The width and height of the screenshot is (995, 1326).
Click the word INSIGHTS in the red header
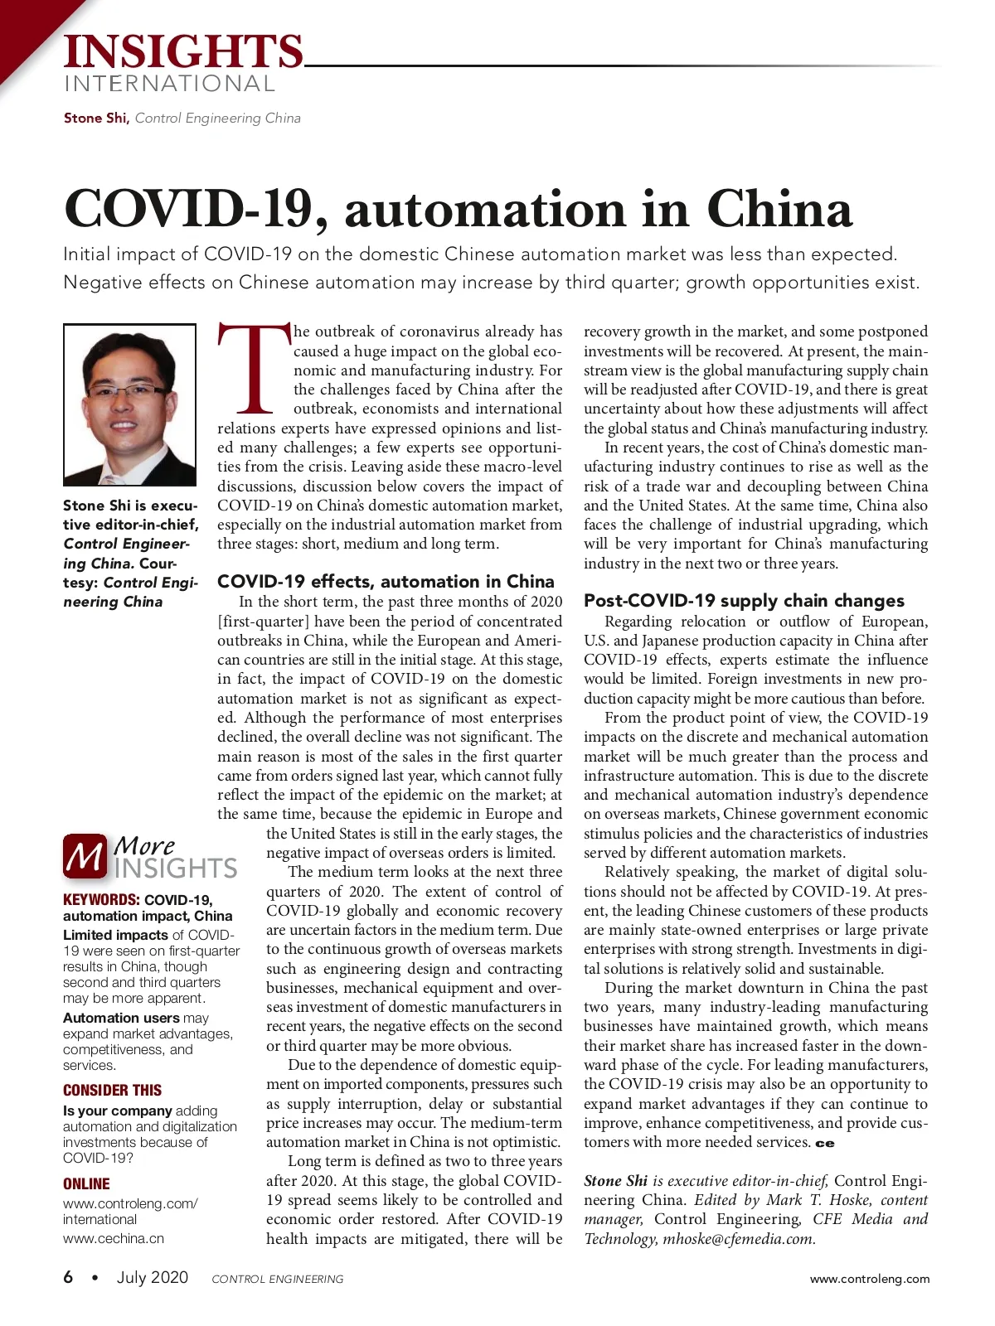(183, 51)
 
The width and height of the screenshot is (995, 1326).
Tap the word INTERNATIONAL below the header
(169, 84)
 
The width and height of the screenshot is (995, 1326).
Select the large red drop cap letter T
(254, 370)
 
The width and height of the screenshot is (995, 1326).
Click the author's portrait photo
(130, 404)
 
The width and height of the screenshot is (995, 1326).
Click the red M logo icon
(85, 856)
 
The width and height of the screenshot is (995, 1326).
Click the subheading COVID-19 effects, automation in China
(386, 581)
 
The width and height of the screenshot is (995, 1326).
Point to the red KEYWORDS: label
(101, 900)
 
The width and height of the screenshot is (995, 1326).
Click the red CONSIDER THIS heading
(113, 1091)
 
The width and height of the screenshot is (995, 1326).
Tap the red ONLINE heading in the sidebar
(86, 1184)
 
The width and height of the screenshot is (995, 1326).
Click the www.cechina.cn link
(114, 1239)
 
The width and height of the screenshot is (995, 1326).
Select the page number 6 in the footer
(69, 1278)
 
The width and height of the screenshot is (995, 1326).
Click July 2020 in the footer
(153, 1278)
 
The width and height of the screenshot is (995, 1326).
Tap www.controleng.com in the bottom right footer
(870, 1279)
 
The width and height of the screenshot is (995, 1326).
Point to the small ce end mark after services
(825, 1144)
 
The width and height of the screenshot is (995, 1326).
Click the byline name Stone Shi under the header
(95, 118)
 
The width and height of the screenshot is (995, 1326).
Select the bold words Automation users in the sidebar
(121, 1018)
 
